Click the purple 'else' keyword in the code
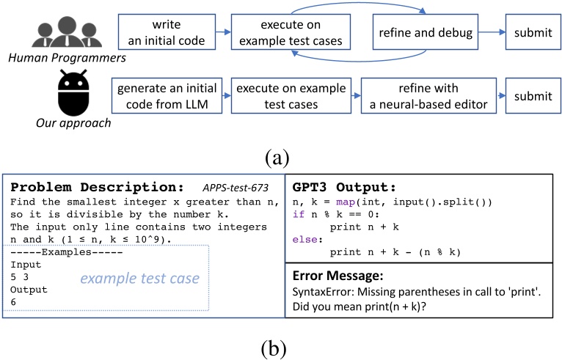(x=303, y=238)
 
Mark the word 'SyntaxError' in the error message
(x=322, y=292)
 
